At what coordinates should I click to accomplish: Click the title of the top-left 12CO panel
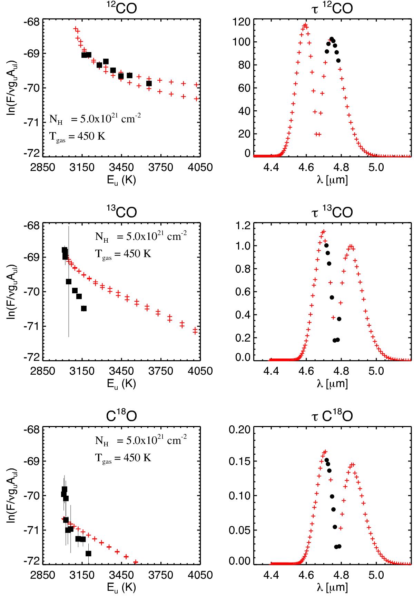coord(121,8)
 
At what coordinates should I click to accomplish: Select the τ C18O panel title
coord(328,416)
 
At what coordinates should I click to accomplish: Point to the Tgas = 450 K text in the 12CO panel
coord(77,136)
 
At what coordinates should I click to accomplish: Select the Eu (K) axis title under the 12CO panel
coord(121,180)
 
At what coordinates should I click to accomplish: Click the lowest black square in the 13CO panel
coord(83,308)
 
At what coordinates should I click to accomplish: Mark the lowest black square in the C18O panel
coord(88,554)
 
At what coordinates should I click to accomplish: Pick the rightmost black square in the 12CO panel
coord(149,83)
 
